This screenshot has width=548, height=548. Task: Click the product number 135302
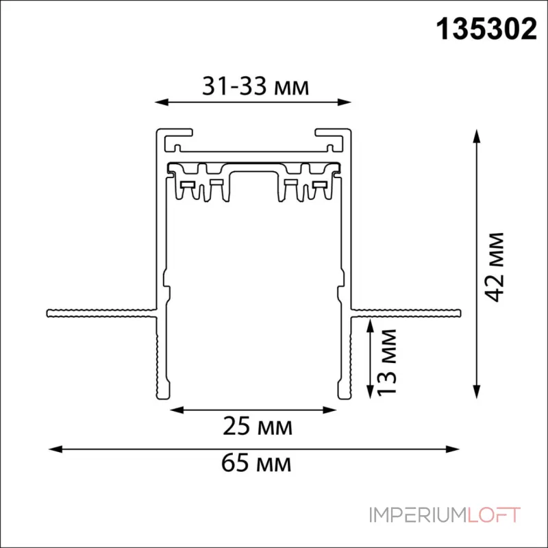[486, 29]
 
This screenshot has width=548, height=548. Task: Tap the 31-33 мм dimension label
[256, 86]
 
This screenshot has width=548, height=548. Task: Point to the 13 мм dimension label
[388, 362]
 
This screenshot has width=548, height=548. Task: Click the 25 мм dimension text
[258, 426]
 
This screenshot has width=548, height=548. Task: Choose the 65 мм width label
[256, 463]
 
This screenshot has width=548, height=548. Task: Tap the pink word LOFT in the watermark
[493, 515]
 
